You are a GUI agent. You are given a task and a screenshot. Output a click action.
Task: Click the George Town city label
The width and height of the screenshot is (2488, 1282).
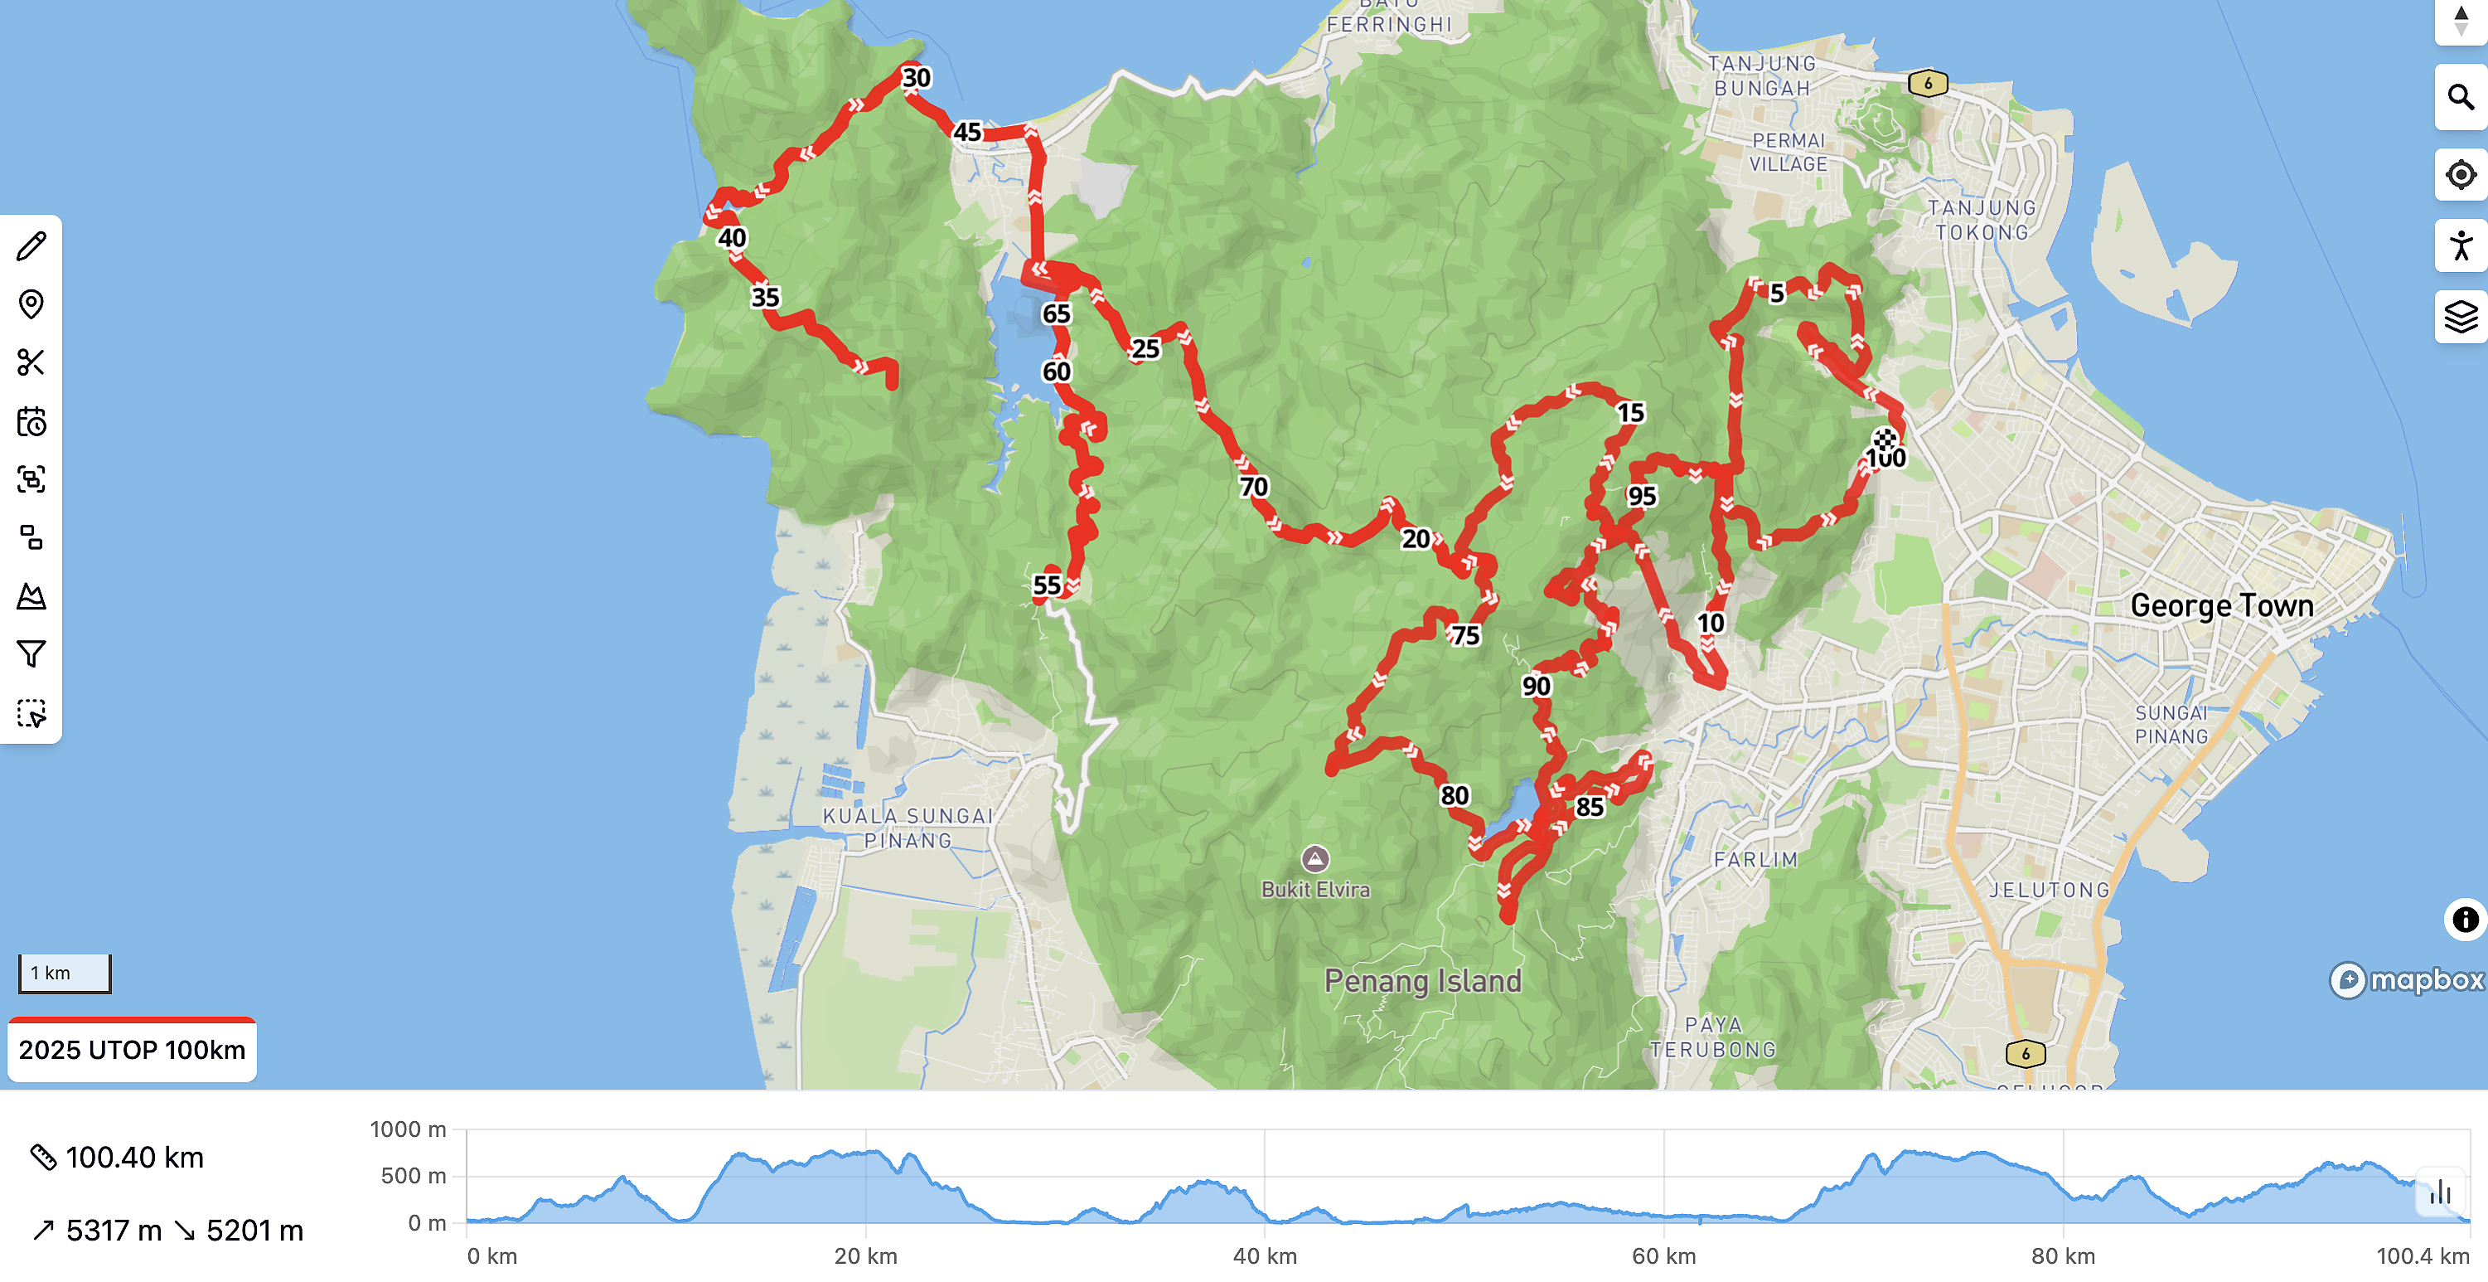[x=2220, y=605]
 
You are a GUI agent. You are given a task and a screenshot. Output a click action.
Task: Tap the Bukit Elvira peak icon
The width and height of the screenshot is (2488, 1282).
[x=1314, y=858]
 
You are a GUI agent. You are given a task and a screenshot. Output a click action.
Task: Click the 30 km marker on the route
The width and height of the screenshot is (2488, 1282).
[x=916, y=77]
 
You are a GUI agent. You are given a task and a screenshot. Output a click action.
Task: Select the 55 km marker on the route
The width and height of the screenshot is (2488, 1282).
[x=1046, y=585]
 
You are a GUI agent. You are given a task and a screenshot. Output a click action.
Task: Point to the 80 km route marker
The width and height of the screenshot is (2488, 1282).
[x=1454, y=795]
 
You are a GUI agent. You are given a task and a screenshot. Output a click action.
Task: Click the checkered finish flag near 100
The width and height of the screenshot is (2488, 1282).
[x=1885, y=440]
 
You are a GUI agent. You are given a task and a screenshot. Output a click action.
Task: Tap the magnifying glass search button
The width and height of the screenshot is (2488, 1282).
[x=2459, y=98]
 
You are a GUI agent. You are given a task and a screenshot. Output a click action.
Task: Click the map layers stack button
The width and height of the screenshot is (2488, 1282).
[x=2459, y=316]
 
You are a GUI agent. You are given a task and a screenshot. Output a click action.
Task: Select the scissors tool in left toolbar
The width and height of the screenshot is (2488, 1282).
[x=31, y=362]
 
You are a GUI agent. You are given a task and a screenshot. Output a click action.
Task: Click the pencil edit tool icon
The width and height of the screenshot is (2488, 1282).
[x=31, y=245]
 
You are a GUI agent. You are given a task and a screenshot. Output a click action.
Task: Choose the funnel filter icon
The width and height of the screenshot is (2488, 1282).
[x=31, y=654]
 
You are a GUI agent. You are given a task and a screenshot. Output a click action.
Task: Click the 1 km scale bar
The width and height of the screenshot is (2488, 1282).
[x=65, y=973]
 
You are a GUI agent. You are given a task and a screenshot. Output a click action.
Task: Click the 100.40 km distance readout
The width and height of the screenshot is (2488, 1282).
[x=134, y=1158]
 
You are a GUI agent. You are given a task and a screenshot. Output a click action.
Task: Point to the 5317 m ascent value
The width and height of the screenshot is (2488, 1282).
[x=113, y=1231]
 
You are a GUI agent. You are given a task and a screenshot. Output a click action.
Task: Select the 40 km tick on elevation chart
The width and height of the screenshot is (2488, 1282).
[x=1264, y=1256]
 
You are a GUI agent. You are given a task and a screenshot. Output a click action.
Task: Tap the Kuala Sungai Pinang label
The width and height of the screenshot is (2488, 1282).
[x=907, y=828]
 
